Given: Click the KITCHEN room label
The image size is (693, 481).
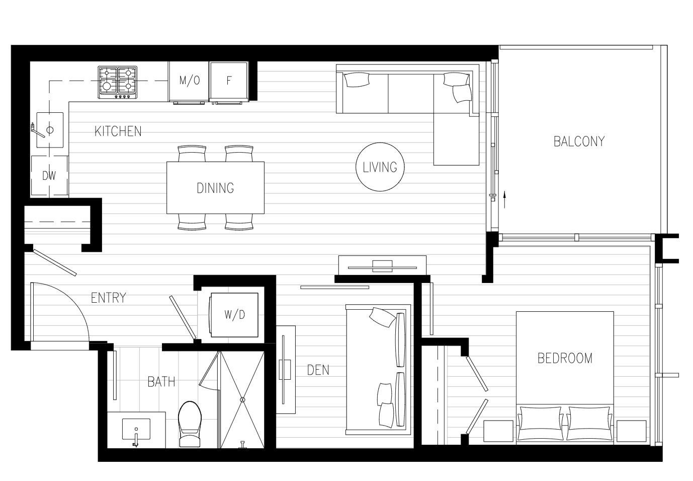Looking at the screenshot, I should click(x=118, y=131).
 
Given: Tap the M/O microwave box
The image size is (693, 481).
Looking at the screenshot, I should click(x=189, y=81).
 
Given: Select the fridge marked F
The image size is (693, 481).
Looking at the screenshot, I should click(x=229, y=81).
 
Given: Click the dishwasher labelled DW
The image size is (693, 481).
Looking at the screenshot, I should click(x=49, y=176).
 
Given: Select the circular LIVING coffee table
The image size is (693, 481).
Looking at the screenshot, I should click(x=380, y=167).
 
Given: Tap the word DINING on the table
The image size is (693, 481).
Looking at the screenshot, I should click(x=215, y=188).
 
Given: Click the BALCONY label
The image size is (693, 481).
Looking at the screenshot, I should click(x=579, y=142).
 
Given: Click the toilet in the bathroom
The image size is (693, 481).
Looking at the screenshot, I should click(x=190, y=425).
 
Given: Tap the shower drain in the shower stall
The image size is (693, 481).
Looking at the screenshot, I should click(x=242, y=399).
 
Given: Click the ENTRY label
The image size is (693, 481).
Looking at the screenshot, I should click(x=108, y=298).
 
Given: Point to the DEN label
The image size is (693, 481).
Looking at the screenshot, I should click(x=318, y=370).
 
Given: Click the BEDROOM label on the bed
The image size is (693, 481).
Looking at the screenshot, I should click(x=565, y=358).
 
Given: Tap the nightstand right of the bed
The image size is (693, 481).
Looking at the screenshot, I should click(x=631, y=431).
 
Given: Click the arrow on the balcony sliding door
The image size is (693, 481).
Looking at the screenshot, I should click(x=504, y=196).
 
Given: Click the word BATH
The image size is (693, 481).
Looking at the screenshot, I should click(x=161, y=382).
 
